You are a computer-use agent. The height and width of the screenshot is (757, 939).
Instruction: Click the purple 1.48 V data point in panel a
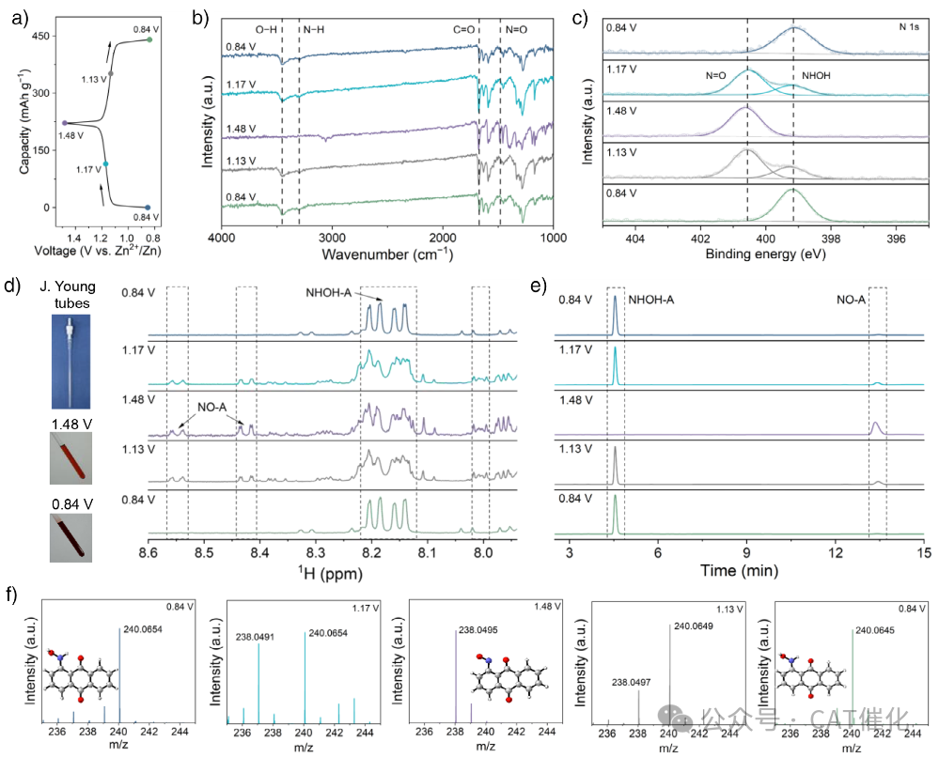[64, 123]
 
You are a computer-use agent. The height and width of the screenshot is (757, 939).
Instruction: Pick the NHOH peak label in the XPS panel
[817, 74]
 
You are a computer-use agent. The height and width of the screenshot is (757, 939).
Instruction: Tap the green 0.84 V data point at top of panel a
[149, 39]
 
